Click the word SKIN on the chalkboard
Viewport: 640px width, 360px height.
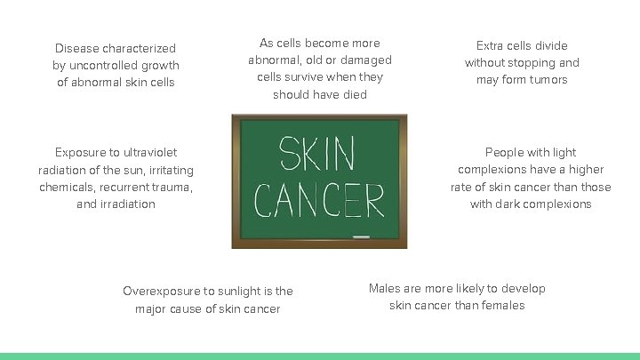coord(316,155)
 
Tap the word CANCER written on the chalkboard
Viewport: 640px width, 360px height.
coord(319,200)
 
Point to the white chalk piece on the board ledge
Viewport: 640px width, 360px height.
coord(361,237)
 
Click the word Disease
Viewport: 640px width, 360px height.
coord(76,48)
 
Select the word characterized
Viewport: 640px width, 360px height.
coord(139,48)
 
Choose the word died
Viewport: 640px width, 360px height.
coord(353,94)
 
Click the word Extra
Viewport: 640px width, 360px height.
coord(490,45)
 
